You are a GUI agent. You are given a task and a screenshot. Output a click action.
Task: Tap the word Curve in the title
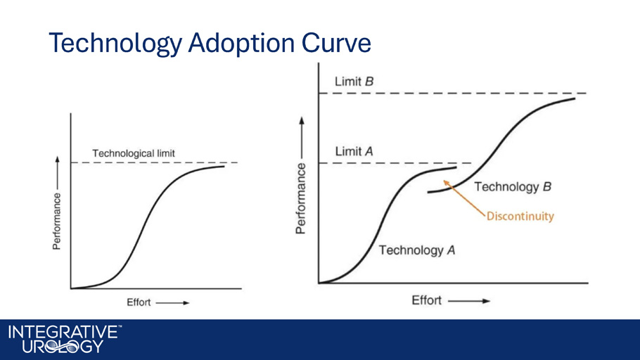point(336,42)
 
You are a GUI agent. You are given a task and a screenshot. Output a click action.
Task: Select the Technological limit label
point(134,153)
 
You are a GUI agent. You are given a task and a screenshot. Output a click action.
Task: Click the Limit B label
point(354,82)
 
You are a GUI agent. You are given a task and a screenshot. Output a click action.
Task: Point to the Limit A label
point(354,152)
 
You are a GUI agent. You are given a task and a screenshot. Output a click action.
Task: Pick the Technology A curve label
point(417,250)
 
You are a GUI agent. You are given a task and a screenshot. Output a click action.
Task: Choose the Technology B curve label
point(513,187)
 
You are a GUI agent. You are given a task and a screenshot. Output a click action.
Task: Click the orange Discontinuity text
point(520,216)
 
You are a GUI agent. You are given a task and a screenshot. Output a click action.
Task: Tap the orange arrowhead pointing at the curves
point(447,184)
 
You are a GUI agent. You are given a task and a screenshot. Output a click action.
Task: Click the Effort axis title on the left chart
point(139,302)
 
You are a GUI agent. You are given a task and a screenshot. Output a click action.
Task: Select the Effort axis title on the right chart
point(426,300)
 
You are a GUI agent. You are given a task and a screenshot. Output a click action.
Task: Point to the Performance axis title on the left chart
point(57,221)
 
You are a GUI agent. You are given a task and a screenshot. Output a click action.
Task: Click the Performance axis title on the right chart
point(301,198)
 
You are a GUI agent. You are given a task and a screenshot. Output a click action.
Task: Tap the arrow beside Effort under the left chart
point(172,303)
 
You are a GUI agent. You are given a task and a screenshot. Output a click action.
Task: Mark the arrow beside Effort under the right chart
point(469,301)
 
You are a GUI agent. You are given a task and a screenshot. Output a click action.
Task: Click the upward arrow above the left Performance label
point(57,173)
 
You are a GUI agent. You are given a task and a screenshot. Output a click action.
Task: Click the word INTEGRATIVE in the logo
point(63,332)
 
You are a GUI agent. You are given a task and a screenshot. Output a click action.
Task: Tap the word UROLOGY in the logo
point(63,347)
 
